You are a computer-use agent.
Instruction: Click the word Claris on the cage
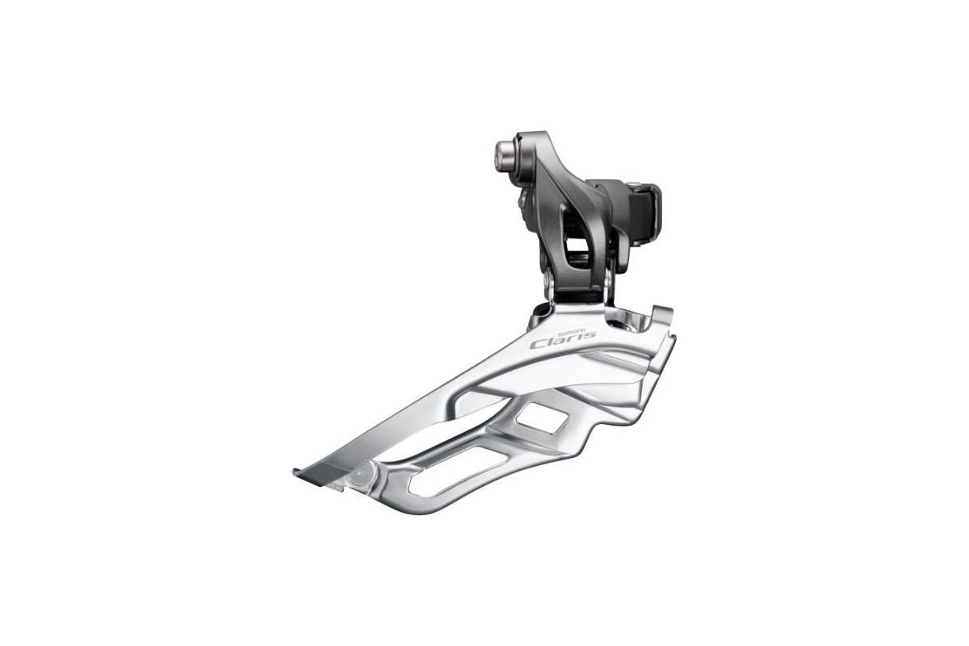562,338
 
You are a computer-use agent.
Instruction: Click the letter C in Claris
536,342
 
